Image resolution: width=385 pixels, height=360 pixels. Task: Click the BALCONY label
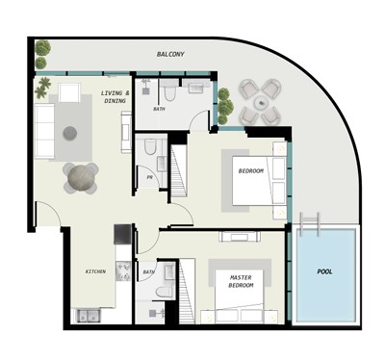tap(170, 54)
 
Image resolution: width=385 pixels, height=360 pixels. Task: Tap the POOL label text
tap(324, 271)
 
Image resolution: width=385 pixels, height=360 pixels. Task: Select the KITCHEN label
tap(95, 271)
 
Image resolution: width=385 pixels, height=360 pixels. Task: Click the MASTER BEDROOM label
tap(242, 281)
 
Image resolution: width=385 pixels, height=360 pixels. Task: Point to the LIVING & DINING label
tap(115, 97)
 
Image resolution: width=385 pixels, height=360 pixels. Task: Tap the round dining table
tap(81, 177)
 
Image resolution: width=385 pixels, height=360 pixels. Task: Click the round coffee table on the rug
tap(70, 133)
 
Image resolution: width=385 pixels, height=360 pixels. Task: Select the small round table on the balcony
tap(262, 103)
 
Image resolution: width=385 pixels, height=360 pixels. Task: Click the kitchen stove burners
tap(123, 271)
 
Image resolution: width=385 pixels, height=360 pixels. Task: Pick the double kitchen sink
tap(88, 316)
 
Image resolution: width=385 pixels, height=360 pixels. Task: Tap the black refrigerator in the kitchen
tap(122, 234)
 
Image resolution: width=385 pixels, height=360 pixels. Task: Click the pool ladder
tap(310, 223)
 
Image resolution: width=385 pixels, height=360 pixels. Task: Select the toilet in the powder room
tap(149, 146)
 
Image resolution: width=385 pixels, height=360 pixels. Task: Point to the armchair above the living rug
tap(69, 93)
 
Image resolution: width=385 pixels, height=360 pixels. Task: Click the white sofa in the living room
tap(44, 131)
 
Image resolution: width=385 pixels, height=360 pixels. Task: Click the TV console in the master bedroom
tap(240, 237)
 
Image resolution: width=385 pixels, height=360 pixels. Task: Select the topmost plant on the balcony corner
tap(42, 48)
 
